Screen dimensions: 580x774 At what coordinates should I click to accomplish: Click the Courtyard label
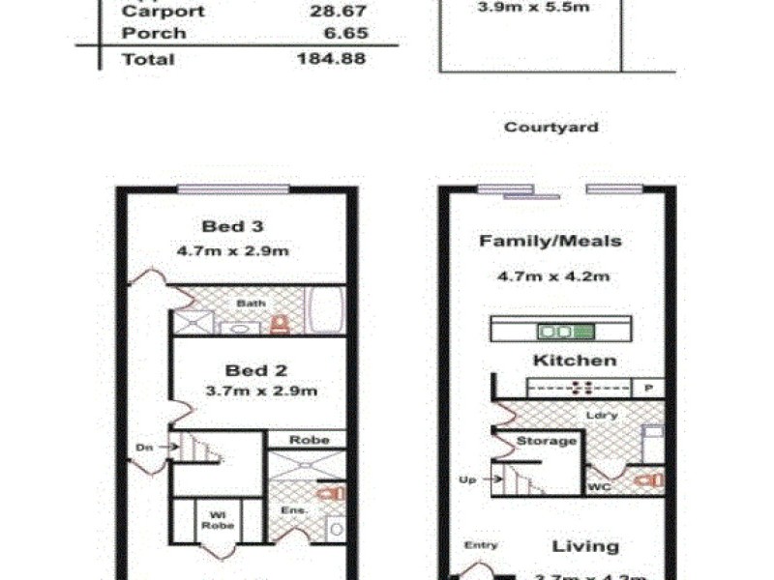point(551,127)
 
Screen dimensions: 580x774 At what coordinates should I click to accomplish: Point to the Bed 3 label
point(233,227)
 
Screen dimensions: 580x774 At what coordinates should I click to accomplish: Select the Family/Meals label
point(551,242)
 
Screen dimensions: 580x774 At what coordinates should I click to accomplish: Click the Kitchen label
point(574,361)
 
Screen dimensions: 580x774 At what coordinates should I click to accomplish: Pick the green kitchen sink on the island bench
point(559,332)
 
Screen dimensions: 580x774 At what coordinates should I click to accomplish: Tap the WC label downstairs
point(599,488)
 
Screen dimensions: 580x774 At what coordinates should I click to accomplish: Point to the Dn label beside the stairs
point(144,447)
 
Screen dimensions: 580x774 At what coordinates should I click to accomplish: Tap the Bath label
point(252,304)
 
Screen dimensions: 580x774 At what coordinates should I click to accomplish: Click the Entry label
point(481,546)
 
